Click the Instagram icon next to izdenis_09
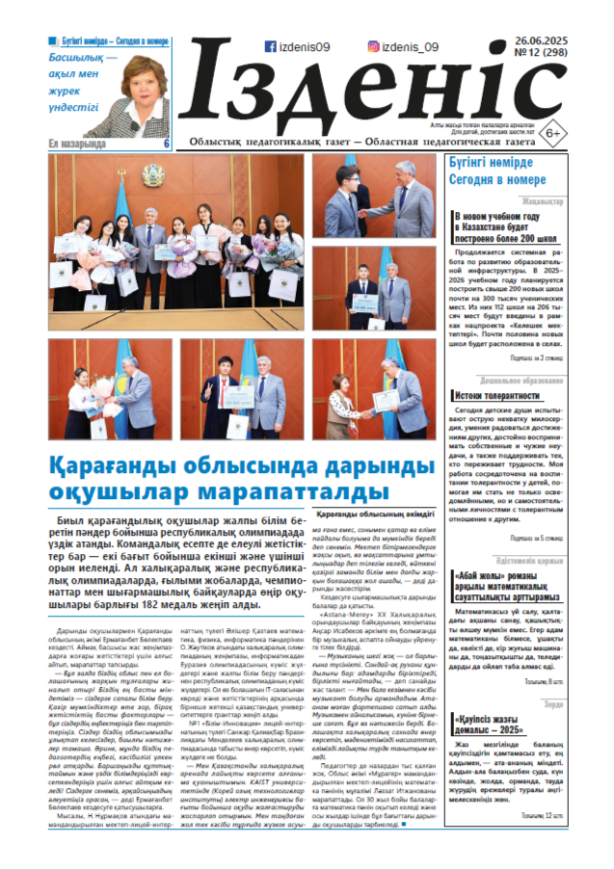pyautogui.click(x=372, y=45)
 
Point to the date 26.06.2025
pyautogui.click(x=540, y=39)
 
